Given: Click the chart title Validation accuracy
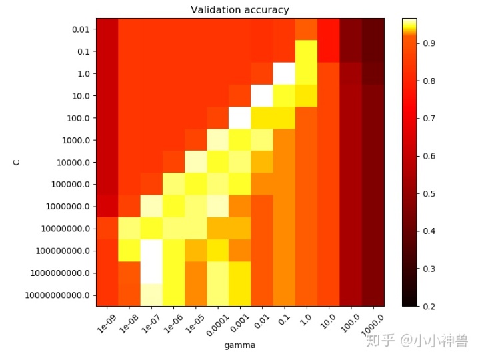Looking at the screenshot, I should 240,9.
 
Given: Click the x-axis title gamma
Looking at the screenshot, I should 240,345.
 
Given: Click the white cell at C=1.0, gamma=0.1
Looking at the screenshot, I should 285,73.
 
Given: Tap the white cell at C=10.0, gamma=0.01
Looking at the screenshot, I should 262,96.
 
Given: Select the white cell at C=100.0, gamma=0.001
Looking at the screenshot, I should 240,118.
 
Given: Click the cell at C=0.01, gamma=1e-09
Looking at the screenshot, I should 107,29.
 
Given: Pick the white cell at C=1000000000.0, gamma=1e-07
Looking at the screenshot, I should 151,273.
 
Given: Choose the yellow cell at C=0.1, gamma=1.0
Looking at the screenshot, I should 307,51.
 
